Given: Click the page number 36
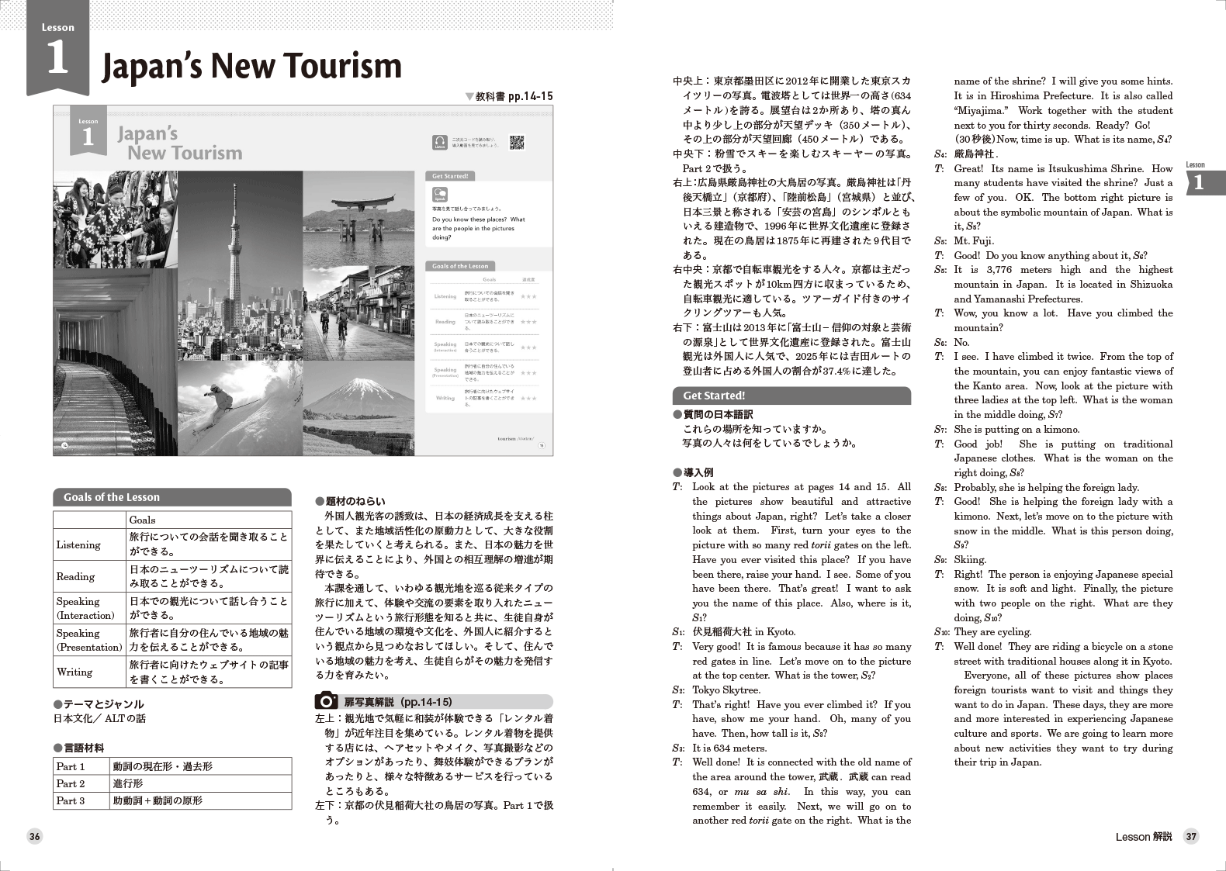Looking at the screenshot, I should (35, 836).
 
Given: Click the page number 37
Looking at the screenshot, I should (1191, 836).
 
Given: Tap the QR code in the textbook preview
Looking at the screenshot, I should (517, 142).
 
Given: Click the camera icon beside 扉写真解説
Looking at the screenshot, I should (326, 701).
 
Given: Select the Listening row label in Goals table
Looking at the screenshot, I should (78, 544).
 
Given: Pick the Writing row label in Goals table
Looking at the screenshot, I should (74, 672).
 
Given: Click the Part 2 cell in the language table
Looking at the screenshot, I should (71, 783).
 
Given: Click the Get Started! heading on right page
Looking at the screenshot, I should (714, 396).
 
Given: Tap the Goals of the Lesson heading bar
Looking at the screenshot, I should (171, 497).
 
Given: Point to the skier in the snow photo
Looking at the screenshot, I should (219, 400).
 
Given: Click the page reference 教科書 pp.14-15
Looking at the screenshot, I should (509, 96).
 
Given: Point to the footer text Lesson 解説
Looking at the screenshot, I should (1143, 836).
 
